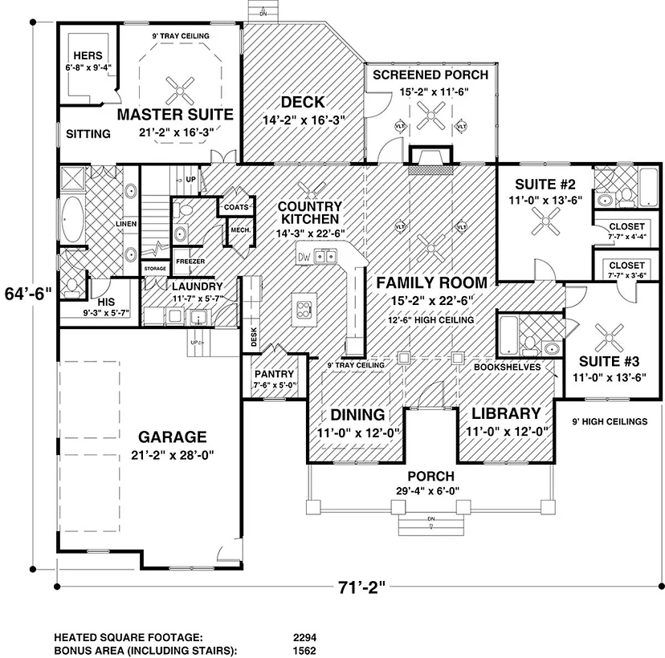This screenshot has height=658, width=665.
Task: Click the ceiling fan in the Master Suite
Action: coord(180,91)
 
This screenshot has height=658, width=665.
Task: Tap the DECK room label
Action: coord(303,102)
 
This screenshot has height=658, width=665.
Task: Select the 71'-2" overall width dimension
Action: coord(361,587)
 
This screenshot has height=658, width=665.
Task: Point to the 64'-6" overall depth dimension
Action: coord(28,293)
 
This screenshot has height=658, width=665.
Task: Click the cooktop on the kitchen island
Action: coord(304,309)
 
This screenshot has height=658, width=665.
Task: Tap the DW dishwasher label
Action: coord(304,257)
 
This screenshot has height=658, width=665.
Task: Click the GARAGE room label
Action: coord(172,437)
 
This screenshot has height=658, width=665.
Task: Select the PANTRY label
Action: coord(274,374)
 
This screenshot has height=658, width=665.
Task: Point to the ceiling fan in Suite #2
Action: coord(545,221)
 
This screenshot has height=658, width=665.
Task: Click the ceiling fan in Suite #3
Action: coord(610,338)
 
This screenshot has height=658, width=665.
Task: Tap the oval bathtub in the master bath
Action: coord(72,219)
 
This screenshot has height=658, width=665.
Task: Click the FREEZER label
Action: coord(190,262)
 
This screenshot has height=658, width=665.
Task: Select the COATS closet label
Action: coord(236,207)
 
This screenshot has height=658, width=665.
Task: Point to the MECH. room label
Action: coord(240,230)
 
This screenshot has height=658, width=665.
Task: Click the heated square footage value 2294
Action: coord(304,638)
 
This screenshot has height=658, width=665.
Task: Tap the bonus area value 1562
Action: coord(304,650)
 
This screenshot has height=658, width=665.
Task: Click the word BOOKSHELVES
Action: coord(508,367)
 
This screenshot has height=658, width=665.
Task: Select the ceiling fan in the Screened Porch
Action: coord(431,115)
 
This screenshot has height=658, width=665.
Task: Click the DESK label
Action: coord(254,337)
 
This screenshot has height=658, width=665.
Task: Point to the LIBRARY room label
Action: coord(507,413)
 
